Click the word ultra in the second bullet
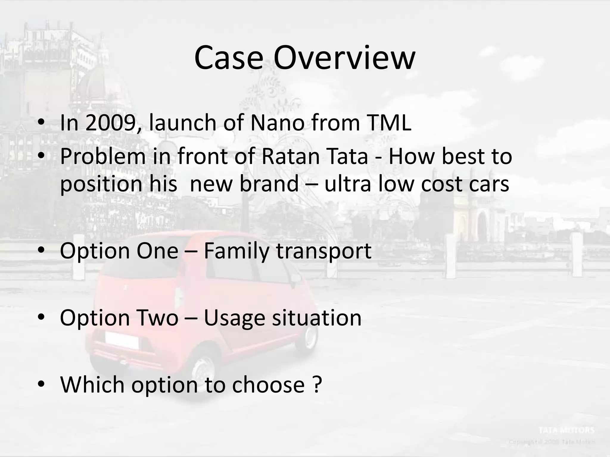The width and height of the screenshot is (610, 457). [348, 183]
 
